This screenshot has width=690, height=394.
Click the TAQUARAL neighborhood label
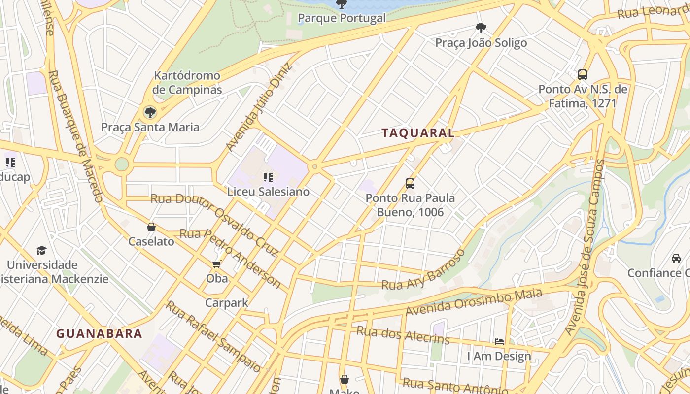pos(418,133)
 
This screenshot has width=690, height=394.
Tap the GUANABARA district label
pos(99,334)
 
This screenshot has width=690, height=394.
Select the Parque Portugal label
pos(342,19)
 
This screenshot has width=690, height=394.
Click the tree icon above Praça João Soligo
pos(481,28)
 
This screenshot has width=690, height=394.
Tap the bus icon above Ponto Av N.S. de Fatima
pos(583,75)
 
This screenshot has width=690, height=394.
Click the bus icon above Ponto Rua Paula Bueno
pos(410,184)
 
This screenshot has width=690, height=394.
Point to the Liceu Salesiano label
pos(268,192)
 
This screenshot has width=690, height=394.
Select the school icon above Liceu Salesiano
pos(268,177)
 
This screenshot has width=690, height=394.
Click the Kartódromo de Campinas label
pos(187,83)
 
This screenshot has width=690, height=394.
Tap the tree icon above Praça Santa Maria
pos(150,113)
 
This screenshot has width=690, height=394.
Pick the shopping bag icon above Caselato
pos(151,227)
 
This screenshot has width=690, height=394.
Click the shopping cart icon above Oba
pos(216,264)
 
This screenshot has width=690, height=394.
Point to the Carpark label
pos(227,303)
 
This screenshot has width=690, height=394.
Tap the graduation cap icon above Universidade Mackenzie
pos(42,251)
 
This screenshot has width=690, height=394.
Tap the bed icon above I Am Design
pos(499,341)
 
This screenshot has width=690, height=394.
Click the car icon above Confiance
pos(676,259)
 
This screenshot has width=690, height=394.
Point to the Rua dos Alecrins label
pos(403,335)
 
